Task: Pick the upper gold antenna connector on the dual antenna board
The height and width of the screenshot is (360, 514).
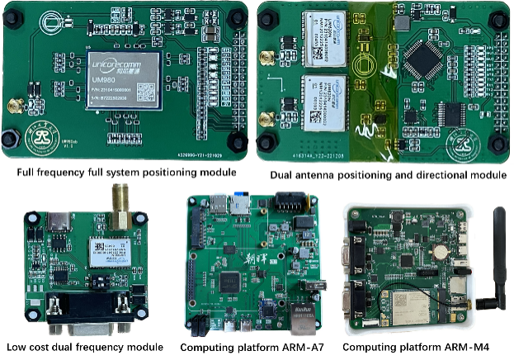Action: pos(269,59)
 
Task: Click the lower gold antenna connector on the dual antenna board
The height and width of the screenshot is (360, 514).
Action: pos(269,119)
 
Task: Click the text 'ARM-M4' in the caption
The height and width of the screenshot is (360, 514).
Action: pos(474,347)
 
